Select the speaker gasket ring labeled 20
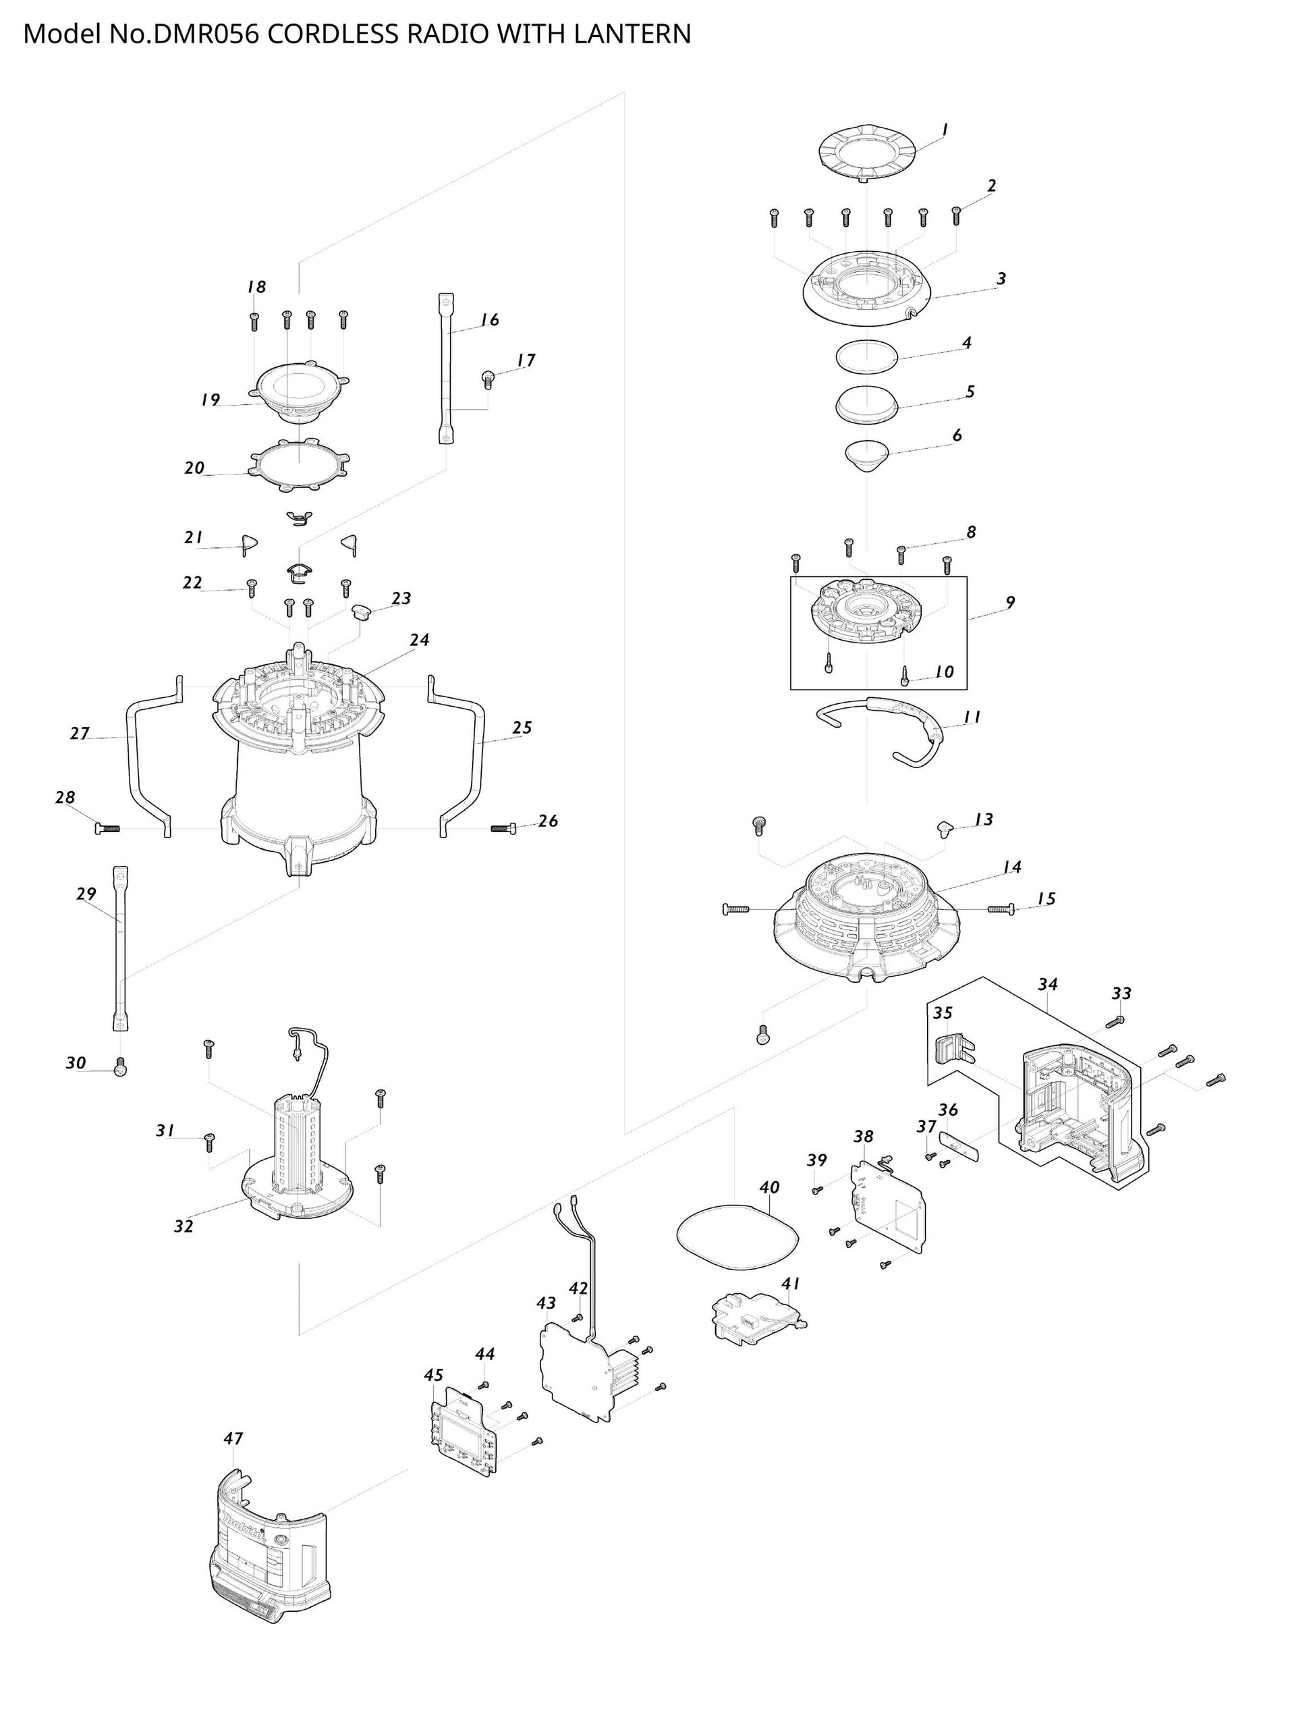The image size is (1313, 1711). tap(300, 465)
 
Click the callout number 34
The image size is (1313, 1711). tap(1047, 984)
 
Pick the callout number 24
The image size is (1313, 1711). tap(420, 640)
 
